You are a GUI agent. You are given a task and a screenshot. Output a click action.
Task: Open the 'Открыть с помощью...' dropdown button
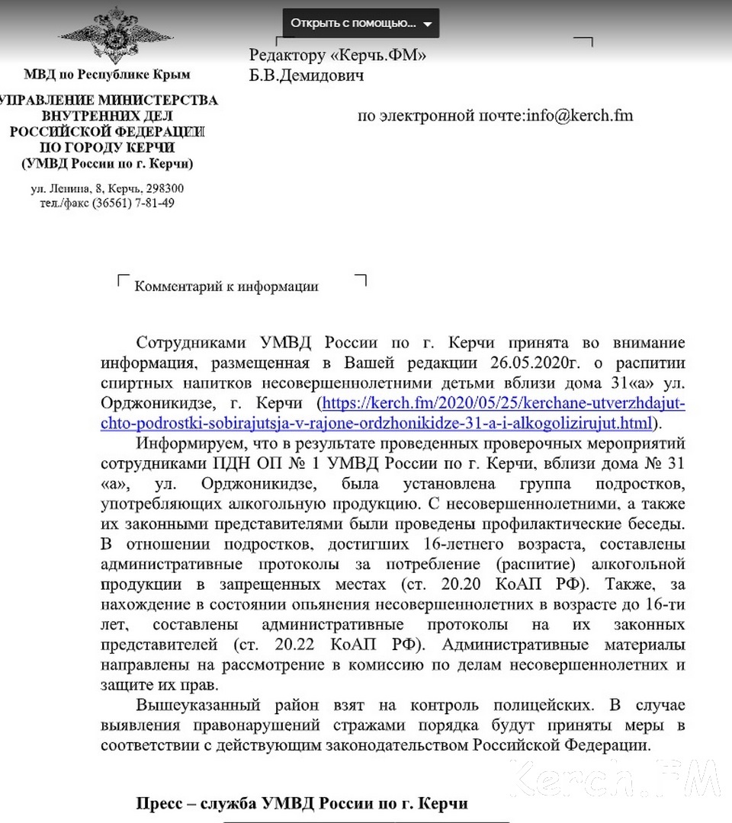(361, 23)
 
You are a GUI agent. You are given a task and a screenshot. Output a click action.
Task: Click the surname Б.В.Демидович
(307, 75)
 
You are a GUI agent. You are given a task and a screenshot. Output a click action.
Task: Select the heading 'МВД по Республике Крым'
(107, 74)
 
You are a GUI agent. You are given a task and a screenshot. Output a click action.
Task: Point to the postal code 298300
(162, 188)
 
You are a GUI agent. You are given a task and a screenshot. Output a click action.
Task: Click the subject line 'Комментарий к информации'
(226, 287)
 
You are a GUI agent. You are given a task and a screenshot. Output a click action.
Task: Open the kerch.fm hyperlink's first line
(504, 402)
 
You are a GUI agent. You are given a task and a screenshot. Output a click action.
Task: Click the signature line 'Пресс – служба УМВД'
(301, 804)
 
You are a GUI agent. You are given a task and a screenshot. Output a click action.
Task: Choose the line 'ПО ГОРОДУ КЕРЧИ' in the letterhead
(107, 148)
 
